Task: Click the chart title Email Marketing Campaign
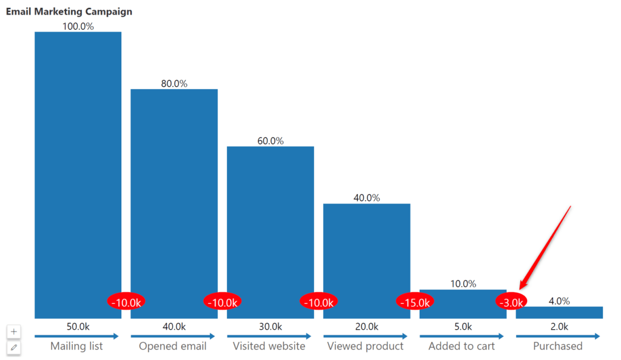[69, 12]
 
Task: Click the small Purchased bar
[559, 312]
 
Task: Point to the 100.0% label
[78, 26]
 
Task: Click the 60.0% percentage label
[270, 141]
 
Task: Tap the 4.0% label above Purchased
[559, 301]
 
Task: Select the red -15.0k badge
[415, 302]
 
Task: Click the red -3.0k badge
[511, 302]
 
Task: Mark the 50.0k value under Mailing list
[78, 327]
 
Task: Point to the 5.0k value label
[463, 327]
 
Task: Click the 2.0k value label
[559, 327]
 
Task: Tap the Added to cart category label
[462, 346]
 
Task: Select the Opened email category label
[173, 346]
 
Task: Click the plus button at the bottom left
[14, 332]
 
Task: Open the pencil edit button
[14, 347]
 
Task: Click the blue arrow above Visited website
[269, 336]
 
